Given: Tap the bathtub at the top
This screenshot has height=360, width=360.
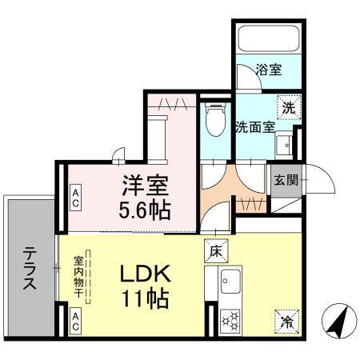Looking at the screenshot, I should (266, 38).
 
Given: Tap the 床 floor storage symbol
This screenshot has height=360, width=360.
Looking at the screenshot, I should (214, 249).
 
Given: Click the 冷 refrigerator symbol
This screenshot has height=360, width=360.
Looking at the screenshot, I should (286, 322).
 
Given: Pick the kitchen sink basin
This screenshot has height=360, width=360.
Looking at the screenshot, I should (229, 283).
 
